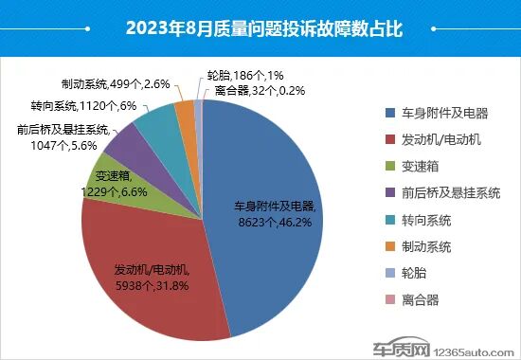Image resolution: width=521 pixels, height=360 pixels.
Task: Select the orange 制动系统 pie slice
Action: point(185,111)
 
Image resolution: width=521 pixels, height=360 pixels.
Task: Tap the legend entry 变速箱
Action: point(421,167)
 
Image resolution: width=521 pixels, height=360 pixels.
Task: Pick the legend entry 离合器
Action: point(421,300)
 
